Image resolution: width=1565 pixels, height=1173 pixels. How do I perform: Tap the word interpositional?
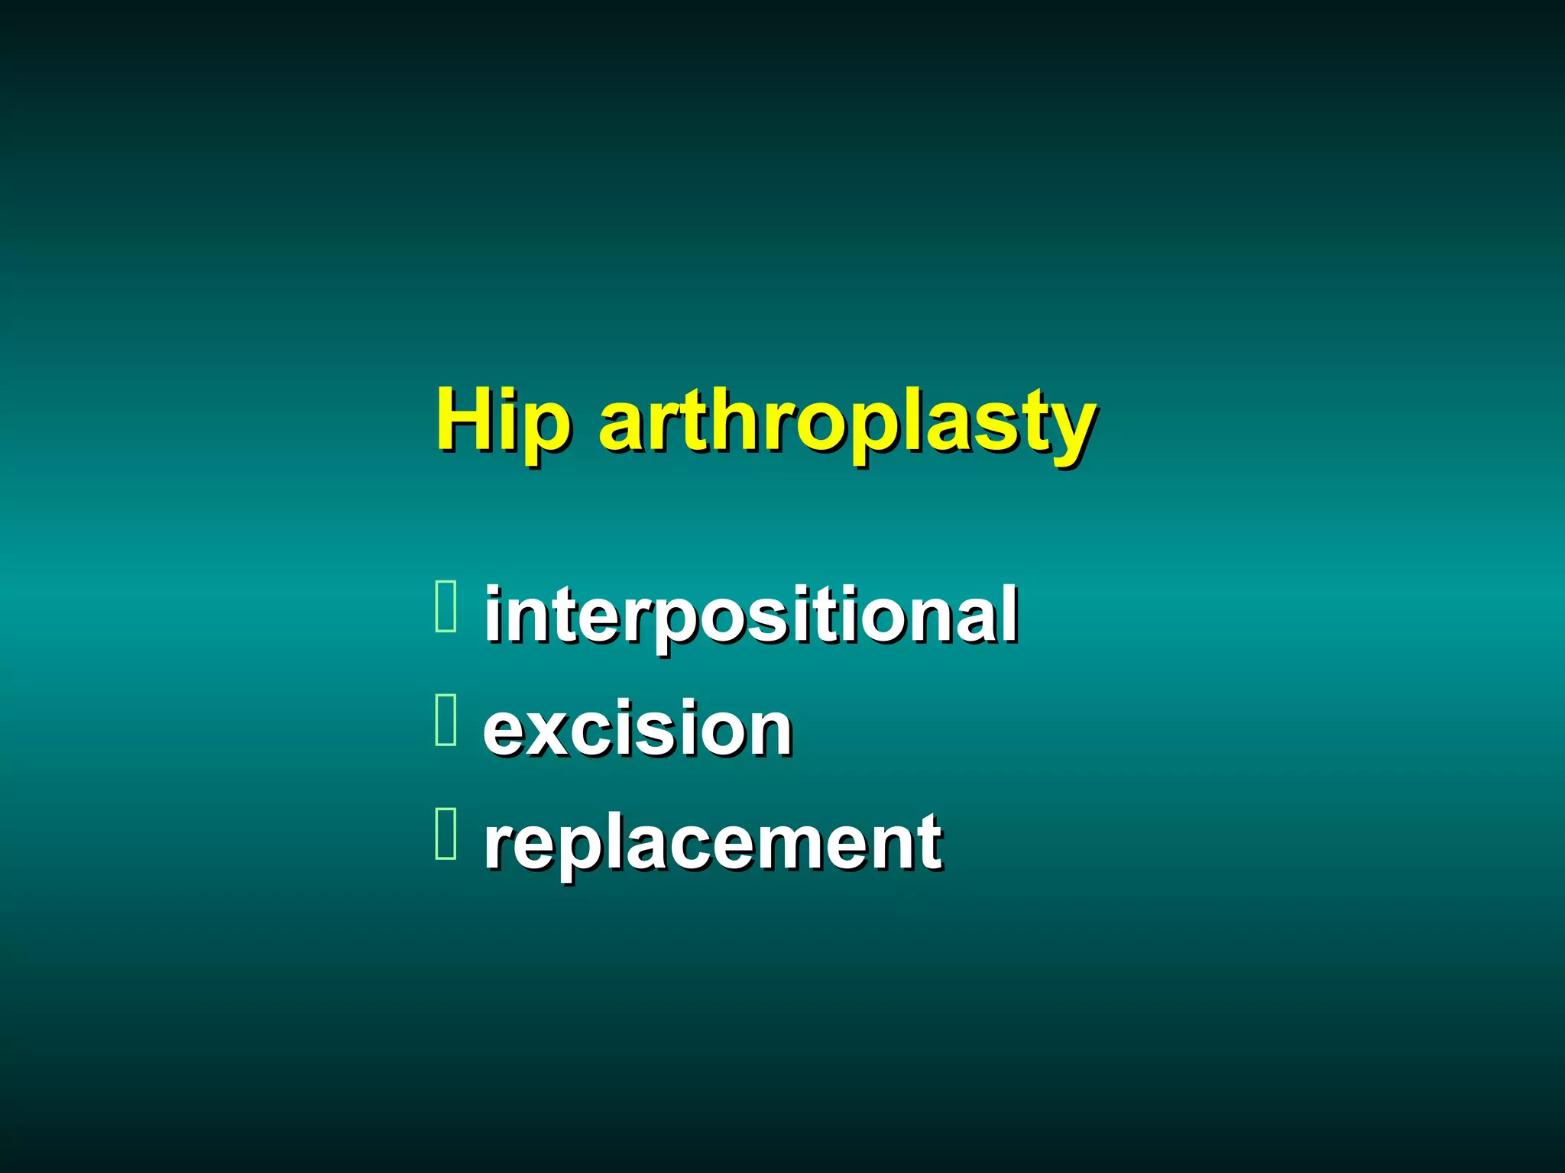[x=750, y=614]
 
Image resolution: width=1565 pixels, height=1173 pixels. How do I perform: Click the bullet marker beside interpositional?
[x=446, y=607]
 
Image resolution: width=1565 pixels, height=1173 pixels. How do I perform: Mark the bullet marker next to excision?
[x=446, y=719]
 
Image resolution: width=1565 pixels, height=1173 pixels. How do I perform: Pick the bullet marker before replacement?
[x=446, y=833]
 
